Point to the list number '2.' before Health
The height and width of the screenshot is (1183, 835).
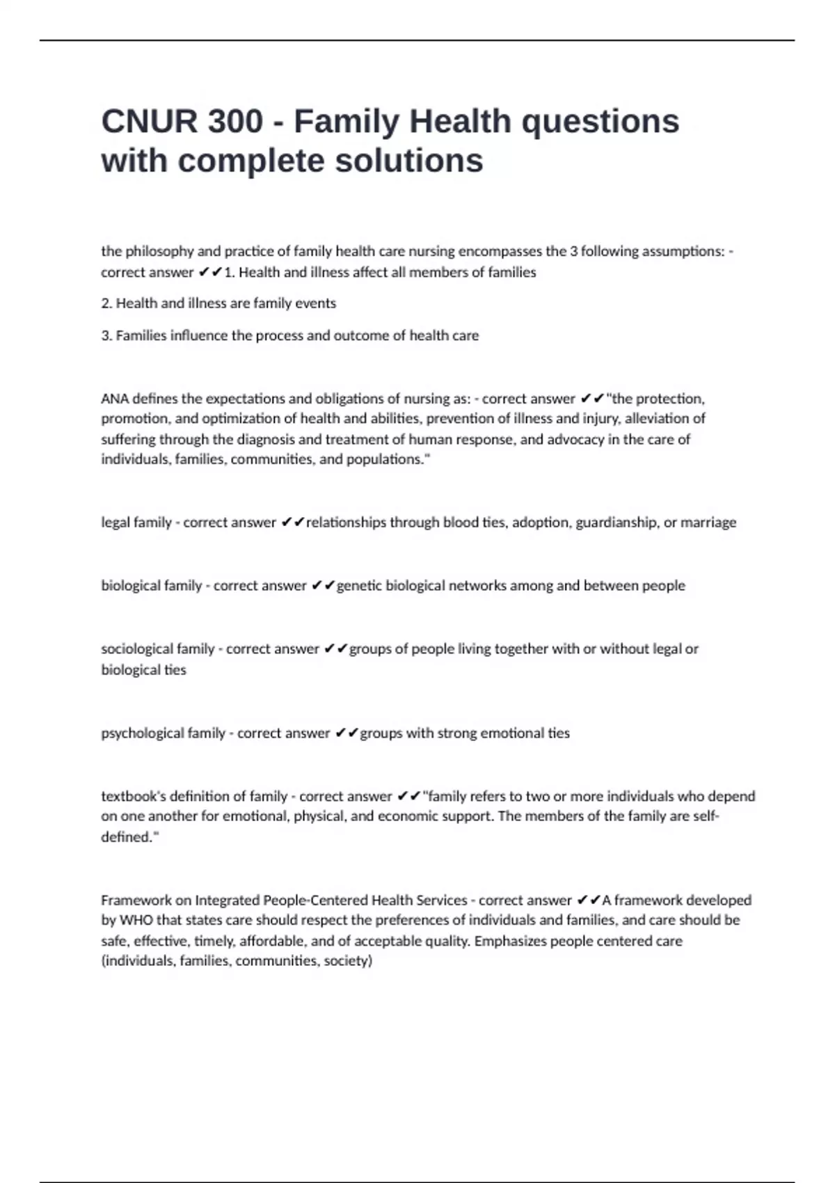(x=107, y=303)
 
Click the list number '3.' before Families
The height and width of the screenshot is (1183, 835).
(x=107, y=335)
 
